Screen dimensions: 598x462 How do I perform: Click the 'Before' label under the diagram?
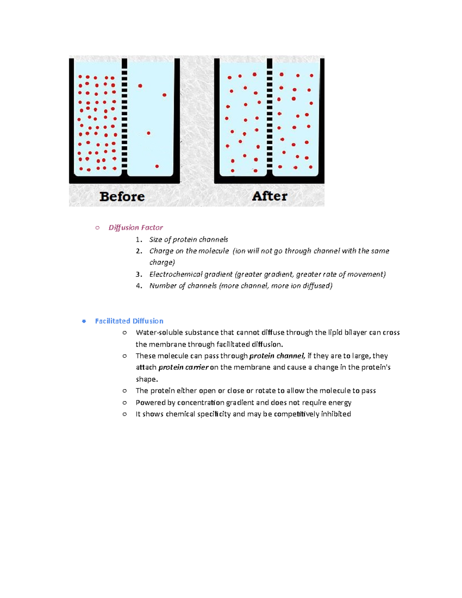(122, 196)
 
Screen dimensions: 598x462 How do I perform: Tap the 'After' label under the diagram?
(269, 196)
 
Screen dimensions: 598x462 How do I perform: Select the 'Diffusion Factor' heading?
(136, 228)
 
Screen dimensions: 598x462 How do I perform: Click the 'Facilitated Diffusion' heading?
(129, 321)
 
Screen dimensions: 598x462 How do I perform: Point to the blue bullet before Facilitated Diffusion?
(84, 321)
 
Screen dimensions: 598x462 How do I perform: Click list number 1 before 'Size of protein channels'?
(139, 240)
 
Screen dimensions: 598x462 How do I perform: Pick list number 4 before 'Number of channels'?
(139, 286)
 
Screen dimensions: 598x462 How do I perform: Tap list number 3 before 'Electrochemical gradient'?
(139, 274)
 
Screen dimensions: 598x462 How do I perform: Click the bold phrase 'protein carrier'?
(183, 367)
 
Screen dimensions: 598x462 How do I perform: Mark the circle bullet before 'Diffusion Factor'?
(97, 228)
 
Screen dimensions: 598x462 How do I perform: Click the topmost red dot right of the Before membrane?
(140, 86)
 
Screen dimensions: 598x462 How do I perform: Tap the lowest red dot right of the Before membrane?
(157, 166)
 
